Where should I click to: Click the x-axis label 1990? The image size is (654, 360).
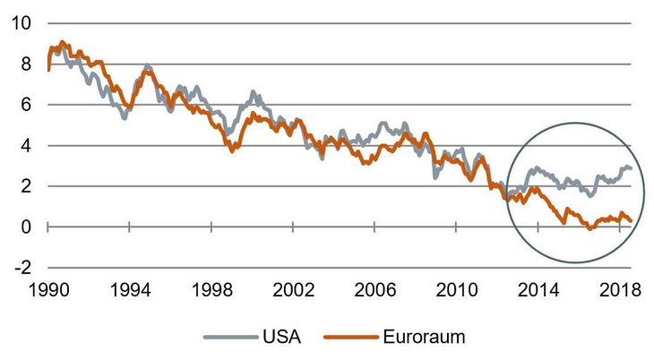tap(47, 292)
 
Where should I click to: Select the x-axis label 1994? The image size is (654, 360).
tap(129, 292)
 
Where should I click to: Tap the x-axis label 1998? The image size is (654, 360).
tap(211, 292)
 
